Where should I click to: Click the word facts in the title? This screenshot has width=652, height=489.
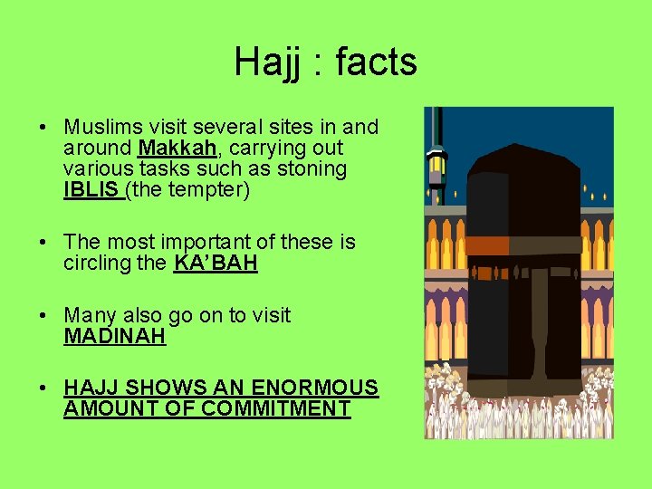376,62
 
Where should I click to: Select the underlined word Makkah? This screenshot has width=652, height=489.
171,148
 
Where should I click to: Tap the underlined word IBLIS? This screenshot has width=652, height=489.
92,190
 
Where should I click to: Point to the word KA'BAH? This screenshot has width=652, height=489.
216,264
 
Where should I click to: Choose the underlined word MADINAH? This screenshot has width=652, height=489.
115,337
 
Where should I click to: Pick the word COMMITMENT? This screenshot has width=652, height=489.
275,408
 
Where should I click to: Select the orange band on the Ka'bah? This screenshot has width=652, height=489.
486,244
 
